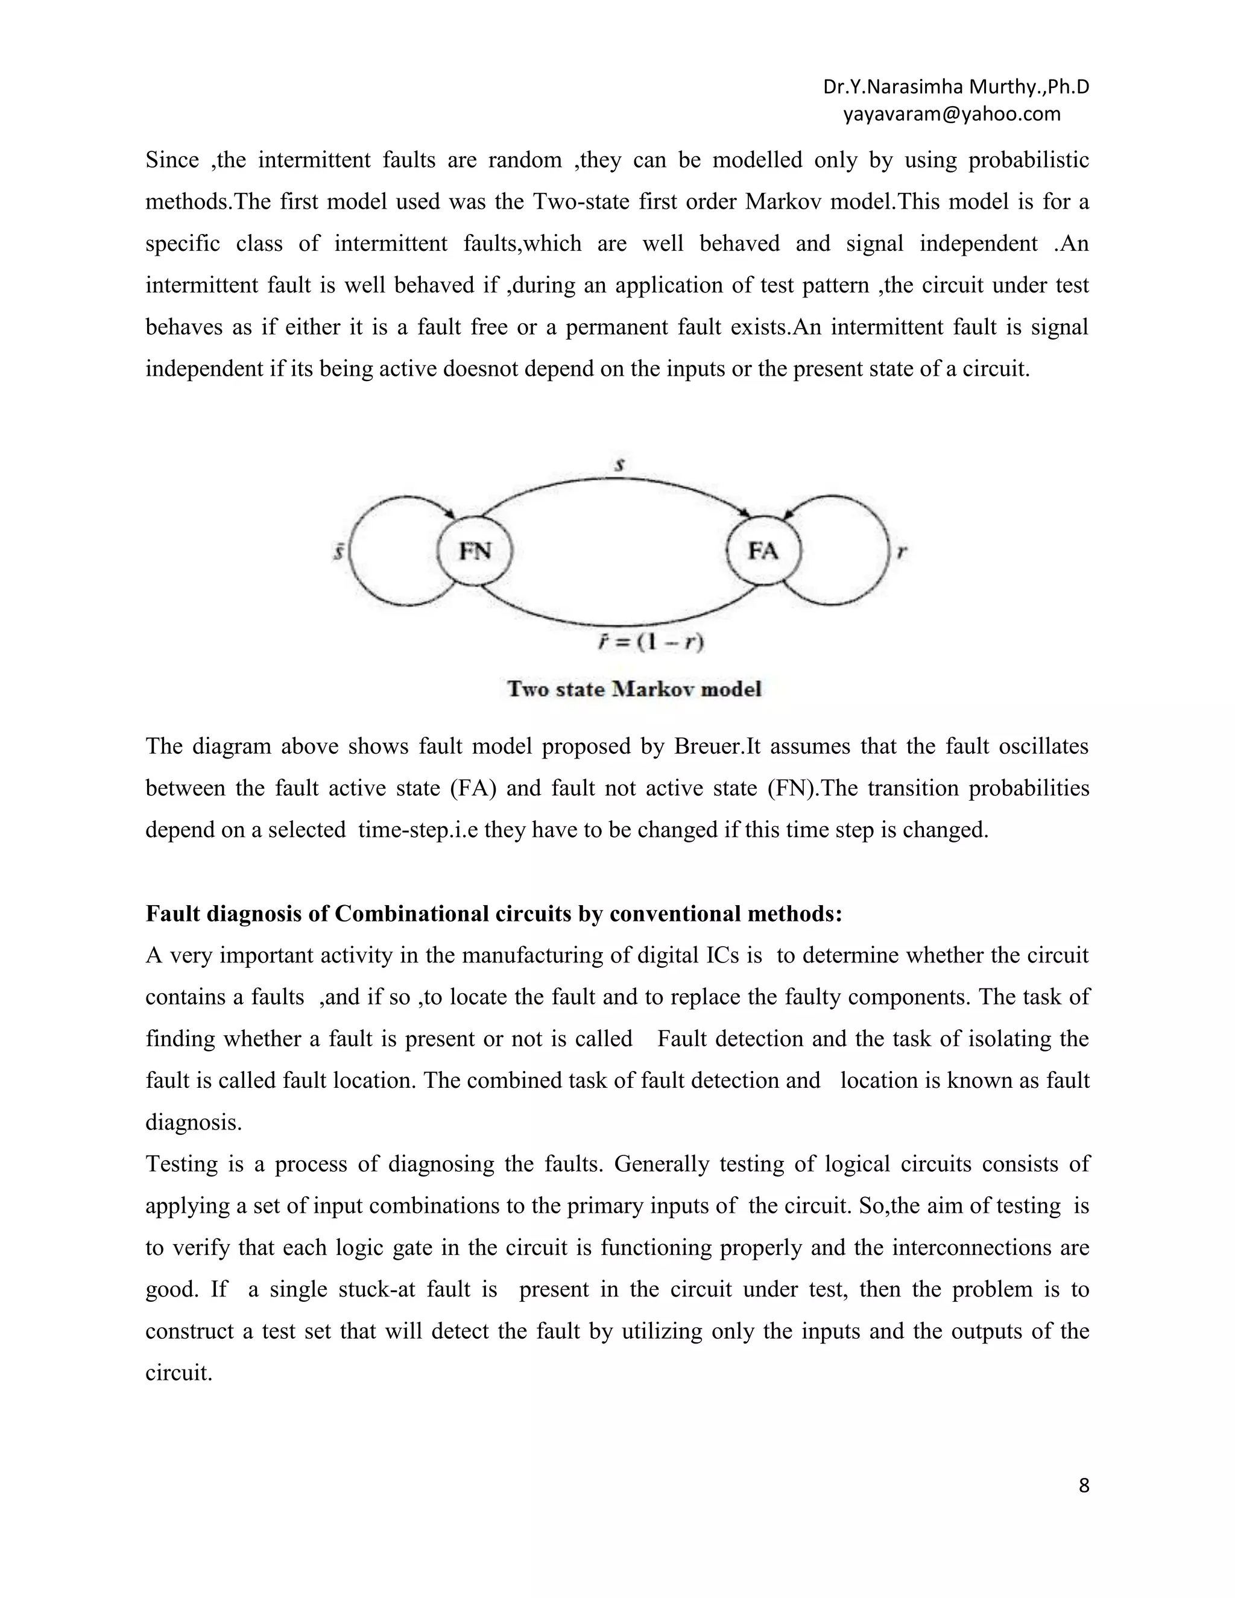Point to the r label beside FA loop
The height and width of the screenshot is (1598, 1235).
[x=902, y=552]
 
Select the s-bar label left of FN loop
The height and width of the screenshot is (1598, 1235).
[x=339, y=551]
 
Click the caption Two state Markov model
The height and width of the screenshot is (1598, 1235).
[x=634, y=689]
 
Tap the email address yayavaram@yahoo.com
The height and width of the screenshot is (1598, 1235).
[x=951, y=114]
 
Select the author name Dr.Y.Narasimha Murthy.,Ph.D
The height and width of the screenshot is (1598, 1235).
[x=956, y=87]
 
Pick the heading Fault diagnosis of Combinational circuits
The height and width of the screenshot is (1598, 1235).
[x=494, y=914]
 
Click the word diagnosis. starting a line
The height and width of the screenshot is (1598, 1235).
[x=193, y=1122]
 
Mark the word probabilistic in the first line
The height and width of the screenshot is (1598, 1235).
[x=1028, y=160]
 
